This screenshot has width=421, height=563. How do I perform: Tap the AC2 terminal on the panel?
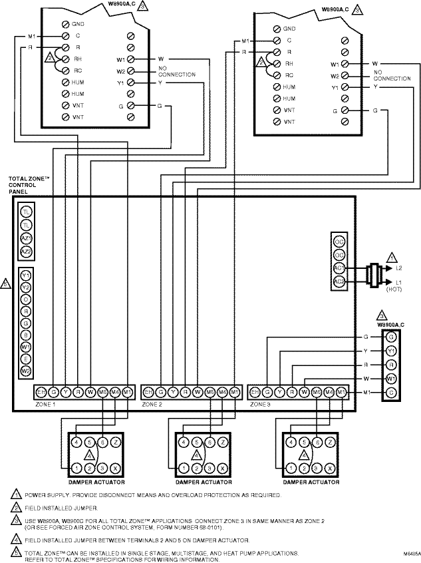coord(339,281)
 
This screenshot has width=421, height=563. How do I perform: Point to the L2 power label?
coord(399,268)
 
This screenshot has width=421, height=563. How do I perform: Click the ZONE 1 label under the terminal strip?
coord(46,404)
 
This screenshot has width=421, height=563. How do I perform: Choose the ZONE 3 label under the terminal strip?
coord(259,404)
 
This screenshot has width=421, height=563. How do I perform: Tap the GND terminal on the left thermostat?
coord(66,23)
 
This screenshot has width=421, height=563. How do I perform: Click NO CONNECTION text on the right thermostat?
coord(392,75)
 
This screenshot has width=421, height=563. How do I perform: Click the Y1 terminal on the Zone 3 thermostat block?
coord(392,351)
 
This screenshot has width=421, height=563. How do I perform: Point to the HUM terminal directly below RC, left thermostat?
coord(66,83)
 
